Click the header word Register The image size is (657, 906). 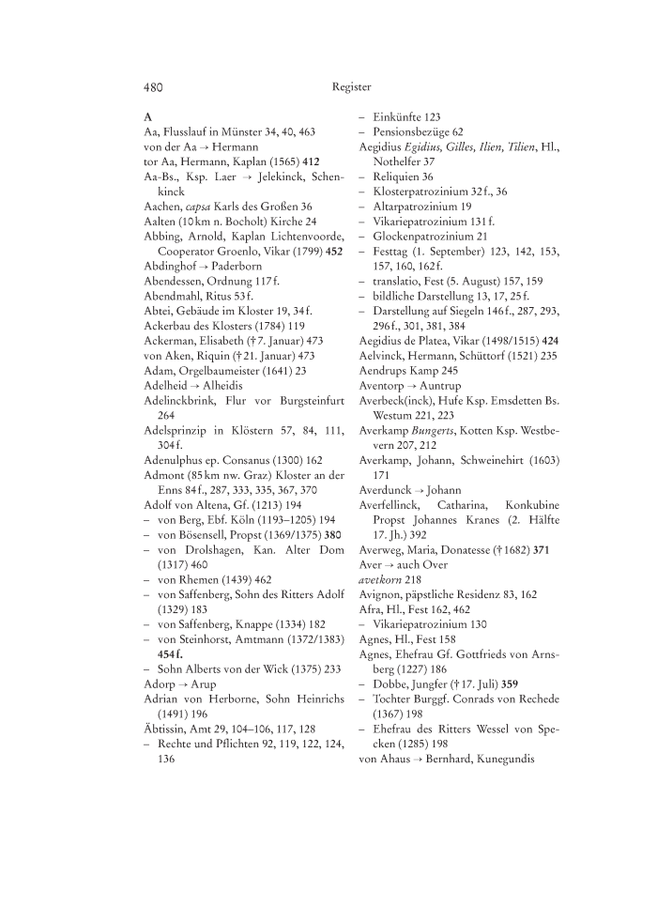352,87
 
